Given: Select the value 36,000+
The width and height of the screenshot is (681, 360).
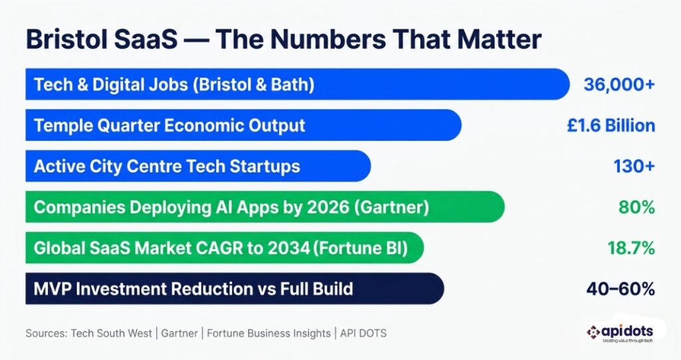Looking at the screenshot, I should coord(619,85).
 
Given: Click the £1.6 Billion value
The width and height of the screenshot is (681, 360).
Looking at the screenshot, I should coord(611,126).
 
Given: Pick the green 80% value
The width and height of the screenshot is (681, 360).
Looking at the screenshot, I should coord(637,208).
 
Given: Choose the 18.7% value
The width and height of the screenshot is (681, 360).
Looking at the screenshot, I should coord(631,248).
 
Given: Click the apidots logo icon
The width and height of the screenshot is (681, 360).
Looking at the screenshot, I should coord(594,331).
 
